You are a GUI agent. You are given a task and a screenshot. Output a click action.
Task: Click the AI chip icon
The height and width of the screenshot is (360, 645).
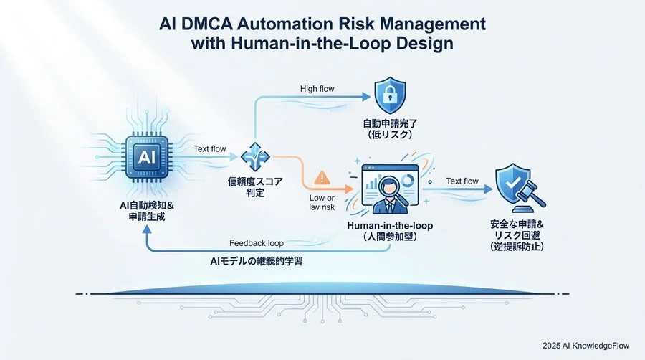tap(147, 157)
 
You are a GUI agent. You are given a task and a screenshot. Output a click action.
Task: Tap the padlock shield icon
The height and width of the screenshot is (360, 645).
tap(390, 95)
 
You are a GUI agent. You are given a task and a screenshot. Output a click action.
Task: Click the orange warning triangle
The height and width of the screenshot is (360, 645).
tap(322, 178)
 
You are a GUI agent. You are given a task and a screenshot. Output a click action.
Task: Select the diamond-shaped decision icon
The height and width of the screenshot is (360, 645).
tap(255, 157)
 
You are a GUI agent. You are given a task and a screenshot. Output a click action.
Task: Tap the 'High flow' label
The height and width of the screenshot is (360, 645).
tap(317, 88)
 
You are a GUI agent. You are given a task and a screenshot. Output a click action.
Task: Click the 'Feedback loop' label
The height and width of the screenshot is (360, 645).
tap(257, 243)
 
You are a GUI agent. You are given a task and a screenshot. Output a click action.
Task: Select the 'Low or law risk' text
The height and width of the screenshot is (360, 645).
tap(322, 202)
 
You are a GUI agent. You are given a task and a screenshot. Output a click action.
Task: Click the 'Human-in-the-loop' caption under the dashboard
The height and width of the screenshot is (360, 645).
tap(390, 226)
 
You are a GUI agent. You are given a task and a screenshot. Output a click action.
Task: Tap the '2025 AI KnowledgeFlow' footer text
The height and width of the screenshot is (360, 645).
tap(586, 346)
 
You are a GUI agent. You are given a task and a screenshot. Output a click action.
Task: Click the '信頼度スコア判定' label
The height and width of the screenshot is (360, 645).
tap(255, 186)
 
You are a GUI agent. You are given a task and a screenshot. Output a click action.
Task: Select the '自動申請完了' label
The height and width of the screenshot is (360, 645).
tap(390, 123)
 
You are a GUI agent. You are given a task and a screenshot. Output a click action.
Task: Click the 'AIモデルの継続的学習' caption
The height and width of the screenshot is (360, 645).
tap(256, 261)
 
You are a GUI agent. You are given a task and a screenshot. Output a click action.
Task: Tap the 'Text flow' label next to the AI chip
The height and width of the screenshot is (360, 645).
tap(210, 149)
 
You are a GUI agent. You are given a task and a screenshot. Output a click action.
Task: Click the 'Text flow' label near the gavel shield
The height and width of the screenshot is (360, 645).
tap(462, 181)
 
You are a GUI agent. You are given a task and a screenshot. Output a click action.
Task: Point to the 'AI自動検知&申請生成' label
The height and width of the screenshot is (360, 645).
tap(147, 211)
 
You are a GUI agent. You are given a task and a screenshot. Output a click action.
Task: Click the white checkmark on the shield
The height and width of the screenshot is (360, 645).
tap(512, 182)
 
